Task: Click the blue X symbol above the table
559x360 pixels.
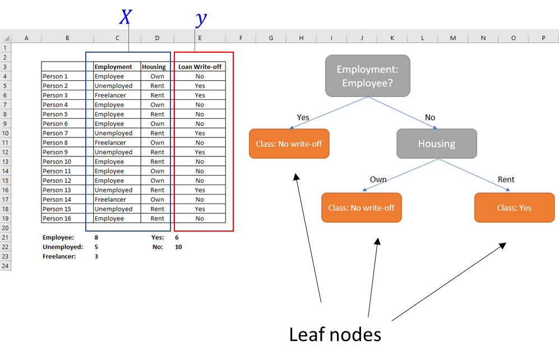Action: pyautogui.click(x=126, y=17)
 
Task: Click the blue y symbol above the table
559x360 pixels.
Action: pyautogui.click(x=201, y=19)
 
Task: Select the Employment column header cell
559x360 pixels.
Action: pyautogui.click(x=113, y=67)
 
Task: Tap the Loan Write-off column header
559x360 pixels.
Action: pyautogui.click(x=200, y=67)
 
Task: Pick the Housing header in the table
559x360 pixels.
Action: pyautogui.click(x=154, y=67)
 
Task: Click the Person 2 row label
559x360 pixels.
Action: pyautogui.click(x=56, y=86)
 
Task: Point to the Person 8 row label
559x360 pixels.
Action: pyautogui.click(x=56, y=143)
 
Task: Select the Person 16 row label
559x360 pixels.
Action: pyautogui.click(x=57, y=219)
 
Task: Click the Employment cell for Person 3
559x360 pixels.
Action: pyautogui.click(x=110, y=95)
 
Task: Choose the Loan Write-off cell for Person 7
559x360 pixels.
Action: pyautogui.click(x=200, y=133)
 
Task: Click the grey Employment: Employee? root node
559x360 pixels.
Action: pyautogui.click(x=367, y=76)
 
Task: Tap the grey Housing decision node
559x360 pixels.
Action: pyautogui.click(x=437, y=144)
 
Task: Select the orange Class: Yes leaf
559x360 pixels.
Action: pyautogui.click(x=514, y=208)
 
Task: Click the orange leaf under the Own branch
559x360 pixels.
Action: pyautogui.click(x=361, y=208)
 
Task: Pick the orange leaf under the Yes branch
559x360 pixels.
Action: pyautogui.click(x=289, y=144)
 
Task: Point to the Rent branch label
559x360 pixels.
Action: pyautogui.click(x=506, y=180)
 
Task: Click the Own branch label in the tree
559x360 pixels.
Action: pyautogui.click(x=378, y=180)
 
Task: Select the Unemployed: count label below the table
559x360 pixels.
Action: pyautogui.click(x=63, y=247)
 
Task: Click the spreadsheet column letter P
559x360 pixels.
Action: pyautogui.click(x=543, y=38)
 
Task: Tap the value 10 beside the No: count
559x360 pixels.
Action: pyautogui.click(x=178, y=247)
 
